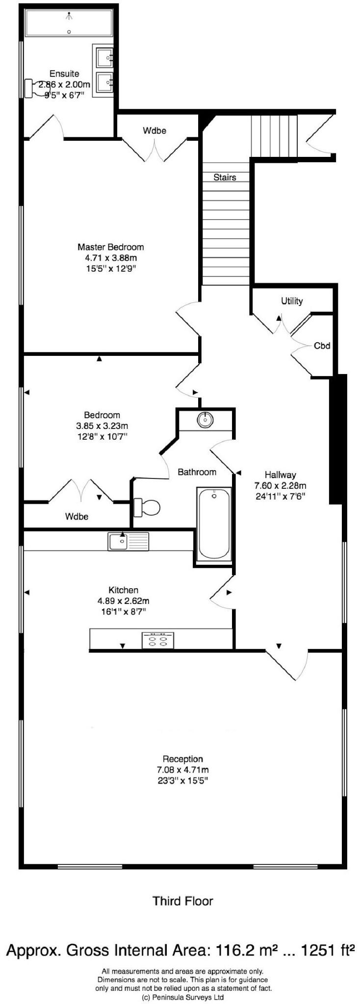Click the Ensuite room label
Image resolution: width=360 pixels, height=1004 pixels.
pyautogui.click(x=64, y=74)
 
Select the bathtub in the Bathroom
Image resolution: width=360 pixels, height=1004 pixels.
pyautogui.click(x=213, y=523)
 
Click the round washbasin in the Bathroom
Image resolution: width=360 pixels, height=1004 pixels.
pyautogui.click(x=205, y=420)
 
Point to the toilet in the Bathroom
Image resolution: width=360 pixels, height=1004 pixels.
pyautogui.click(x=147, y=507)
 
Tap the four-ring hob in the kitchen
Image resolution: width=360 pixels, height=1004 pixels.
pyautogui.click(x=158, y=640)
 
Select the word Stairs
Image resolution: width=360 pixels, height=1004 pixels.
pyautogui.click(x=225, y=177)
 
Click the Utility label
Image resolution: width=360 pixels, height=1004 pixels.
pyautogui.click(x=291, y=301)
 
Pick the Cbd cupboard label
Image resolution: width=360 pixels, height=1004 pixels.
pyautogui.click(x=322, y=345)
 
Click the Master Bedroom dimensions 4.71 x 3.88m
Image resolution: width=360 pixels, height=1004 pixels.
pyautogui.click(x=111, y=258)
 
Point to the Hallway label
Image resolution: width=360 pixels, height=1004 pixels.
pyautogui.click(x=280, y=475)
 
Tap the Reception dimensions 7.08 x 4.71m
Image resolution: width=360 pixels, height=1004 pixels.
pyautogui.click(x=183, y=770)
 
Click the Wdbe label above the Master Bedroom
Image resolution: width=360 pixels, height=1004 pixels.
pyautogui.click(x=154, y=130)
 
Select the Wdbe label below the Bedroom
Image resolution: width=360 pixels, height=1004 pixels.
pyautogui.click(x=77, y=516)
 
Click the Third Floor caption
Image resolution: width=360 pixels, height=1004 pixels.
pyautogui.click(x=182, y=901)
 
